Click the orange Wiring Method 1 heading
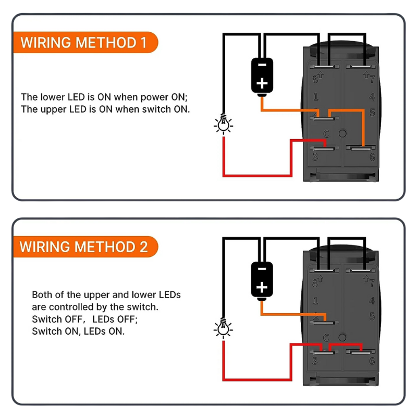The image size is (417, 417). point(83,42)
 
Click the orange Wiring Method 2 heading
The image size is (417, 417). point(84,246)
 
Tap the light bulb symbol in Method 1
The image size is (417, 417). point(224,124)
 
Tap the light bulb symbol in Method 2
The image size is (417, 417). point(224,328)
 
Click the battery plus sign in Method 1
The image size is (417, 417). point(262,83)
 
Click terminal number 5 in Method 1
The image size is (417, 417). point(372,112)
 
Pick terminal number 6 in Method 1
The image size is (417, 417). point(372,156)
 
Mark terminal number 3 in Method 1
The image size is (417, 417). point(315,156)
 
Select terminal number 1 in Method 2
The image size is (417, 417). point(315,300)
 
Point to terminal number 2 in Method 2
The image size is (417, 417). point(316,316)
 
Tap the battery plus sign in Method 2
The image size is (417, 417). point(262,287)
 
